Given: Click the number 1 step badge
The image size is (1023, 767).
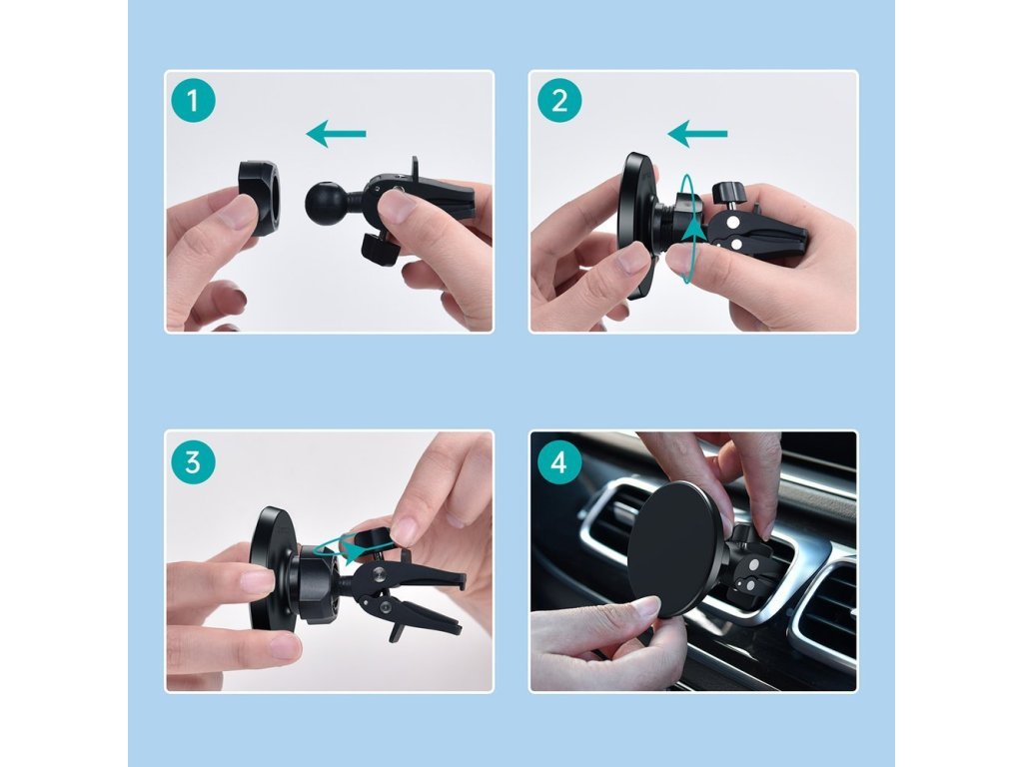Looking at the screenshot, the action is pos(193,101).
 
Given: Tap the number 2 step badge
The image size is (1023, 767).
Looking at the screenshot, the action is pos(559,101).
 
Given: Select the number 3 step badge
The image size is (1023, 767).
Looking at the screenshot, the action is pos(193,462).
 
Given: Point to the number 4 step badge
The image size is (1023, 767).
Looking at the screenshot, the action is pos(559,462).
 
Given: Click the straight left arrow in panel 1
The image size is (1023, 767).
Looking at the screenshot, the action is pos(336,135).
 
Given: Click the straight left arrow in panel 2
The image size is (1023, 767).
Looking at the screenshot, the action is pos(696,135).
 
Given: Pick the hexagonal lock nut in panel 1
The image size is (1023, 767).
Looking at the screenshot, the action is pos(260,198).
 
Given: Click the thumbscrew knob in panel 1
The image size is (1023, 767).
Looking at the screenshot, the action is pos(380,251).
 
